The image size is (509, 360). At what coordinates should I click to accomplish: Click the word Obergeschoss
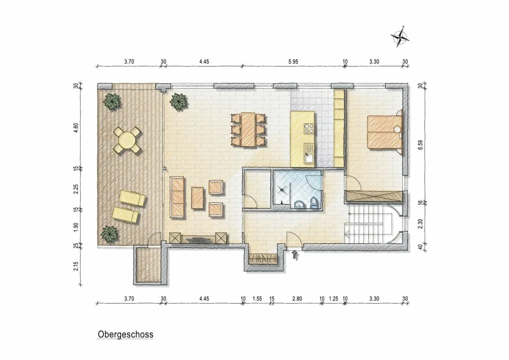[125, 334]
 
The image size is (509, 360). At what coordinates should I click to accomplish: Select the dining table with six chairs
[248, 129]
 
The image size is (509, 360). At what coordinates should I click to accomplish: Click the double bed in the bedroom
[384, 131]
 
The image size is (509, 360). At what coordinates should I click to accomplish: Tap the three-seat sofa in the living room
[177, 198]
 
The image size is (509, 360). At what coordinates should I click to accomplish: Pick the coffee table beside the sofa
[197, 198]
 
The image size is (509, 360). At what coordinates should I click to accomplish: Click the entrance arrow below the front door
[295, 254]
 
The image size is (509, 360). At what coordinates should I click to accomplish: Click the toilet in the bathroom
[313, 202]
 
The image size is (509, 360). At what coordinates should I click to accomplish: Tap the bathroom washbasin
[299, 204]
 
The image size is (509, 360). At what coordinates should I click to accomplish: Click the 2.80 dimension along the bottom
[297, 299]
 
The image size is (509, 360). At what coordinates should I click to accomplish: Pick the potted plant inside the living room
[179, 101]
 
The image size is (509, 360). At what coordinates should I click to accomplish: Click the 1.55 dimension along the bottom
[257, 299]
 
